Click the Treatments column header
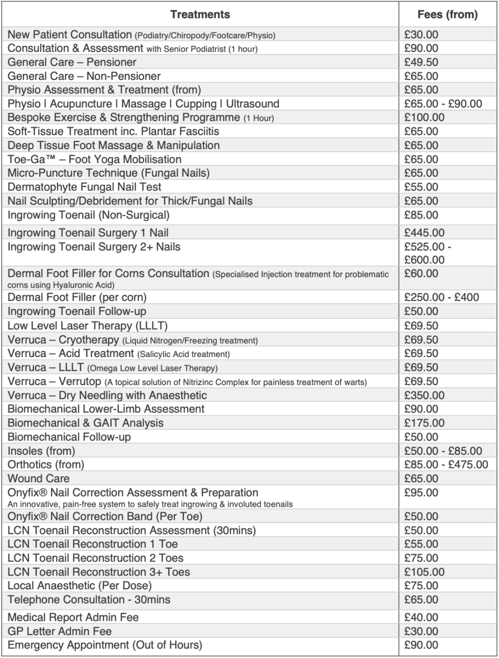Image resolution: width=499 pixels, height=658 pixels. tap(200, 14)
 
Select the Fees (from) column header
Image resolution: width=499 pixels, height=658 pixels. tap(447, 14)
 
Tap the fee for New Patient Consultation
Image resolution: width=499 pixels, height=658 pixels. tap(421, 35)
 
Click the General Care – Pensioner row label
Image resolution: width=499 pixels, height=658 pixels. tap(72, 62)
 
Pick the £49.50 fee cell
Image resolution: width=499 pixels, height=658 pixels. tap(421, 62)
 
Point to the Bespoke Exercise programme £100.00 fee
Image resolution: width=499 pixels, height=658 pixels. tap(424, 117)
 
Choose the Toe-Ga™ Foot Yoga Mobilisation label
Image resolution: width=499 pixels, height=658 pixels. tap(94, 159)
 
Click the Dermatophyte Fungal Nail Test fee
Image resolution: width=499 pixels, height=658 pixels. tap(421, 187)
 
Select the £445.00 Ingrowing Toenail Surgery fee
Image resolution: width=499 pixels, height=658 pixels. tap(424, 233)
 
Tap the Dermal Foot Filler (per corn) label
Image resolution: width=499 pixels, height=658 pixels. tap(77, 297)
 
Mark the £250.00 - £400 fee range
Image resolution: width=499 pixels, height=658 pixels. tap(441, 297)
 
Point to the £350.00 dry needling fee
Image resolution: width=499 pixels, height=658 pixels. tap(424, 395)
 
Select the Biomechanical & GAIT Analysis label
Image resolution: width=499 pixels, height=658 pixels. tap(86, 423)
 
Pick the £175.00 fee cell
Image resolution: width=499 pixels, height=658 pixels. tap(424, 423)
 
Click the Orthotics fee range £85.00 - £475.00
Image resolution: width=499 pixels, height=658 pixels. tap(446, 464)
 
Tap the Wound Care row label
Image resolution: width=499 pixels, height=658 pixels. tap(39, 478)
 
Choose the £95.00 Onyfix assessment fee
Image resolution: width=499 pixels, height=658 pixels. tap(421, 492)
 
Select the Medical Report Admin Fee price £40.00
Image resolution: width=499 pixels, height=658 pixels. tap(421, 617)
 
